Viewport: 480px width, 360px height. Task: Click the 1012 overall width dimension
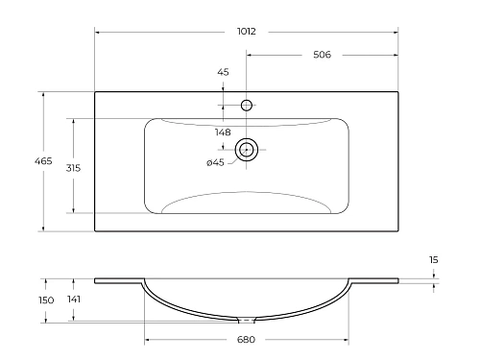tap(248, 31)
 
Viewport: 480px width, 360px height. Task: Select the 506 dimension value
tap(322, 55)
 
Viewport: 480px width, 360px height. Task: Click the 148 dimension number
tap(223, 132)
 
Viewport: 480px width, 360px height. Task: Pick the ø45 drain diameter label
tap(215, 162)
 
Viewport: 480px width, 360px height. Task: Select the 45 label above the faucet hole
tap(223, 72)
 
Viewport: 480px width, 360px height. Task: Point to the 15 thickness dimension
tap(434, 259)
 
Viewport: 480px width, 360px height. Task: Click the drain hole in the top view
tap(247, 149)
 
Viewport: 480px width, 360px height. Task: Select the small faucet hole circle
tap(247, 105)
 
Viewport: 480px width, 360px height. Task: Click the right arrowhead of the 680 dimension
tap(347, 339)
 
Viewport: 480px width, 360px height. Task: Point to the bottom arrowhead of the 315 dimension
tap(73, 210)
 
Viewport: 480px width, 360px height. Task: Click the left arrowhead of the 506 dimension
tap(250, 55)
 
